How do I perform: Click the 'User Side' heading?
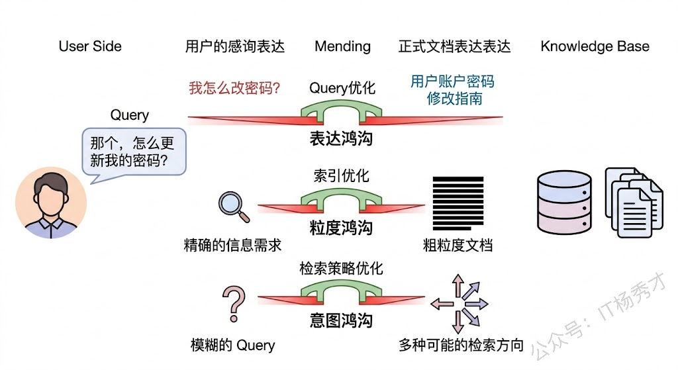coord(90,46)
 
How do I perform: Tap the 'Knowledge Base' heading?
coord(595,46)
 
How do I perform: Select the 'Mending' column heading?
coord(342,46)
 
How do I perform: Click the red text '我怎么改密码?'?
coord(235,88)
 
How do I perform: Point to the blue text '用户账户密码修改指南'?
coord(453,90)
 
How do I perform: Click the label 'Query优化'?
coord(342,88)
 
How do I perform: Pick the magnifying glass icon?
coord(234,206)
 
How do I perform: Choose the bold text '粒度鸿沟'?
coord(342,228)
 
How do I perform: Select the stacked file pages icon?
coord(632,202)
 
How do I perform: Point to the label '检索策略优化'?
coord(342,269)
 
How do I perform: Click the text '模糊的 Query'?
coord(232,345)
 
